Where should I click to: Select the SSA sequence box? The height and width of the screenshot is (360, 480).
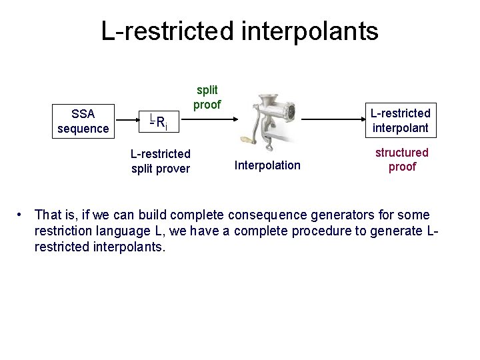(x=83, y=121)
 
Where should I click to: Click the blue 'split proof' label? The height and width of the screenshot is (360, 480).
(x=207, y=97)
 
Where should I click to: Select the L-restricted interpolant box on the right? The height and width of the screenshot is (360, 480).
(x=401, y=121)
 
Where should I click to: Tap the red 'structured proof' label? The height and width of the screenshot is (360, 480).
(x=402, y=159)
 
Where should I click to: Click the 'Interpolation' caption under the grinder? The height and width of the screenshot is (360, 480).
(x=267, y=165)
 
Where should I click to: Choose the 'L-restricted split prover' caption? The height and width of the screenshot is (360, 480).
(x=160, y=161)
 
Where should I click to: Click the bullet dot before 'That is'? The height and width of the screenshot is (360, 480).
(x=22, y=215)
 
